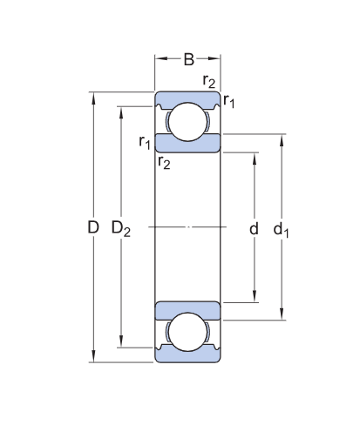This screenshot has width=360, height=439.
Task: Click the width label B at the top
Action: pos(188,60)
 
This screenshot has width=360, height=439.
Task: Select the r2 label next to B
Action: pos(208,82)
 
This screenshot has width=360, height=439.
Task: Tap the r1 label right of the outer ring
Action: pos(229,102)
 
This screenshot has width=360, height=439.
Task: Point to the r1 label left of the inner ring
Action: pos(145,141)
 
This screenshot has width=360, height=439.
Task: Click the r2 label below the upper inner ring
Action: pos(164,160)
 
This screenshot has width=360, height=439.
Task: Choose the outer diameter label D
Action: pos(93,229)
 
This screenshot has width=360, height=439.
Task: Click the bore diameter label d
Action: pos(254,229)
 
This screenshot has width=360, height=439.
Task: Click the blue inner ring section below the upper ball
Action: pos(187,144)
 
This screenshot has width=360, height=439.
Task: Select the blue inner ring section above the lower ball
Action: pos(187,309)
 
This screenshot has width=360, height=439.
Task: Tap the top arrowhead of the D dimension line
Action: pos(93,95)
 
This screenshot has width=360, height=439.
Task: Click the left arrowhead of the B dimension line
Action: pos(160,60)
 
